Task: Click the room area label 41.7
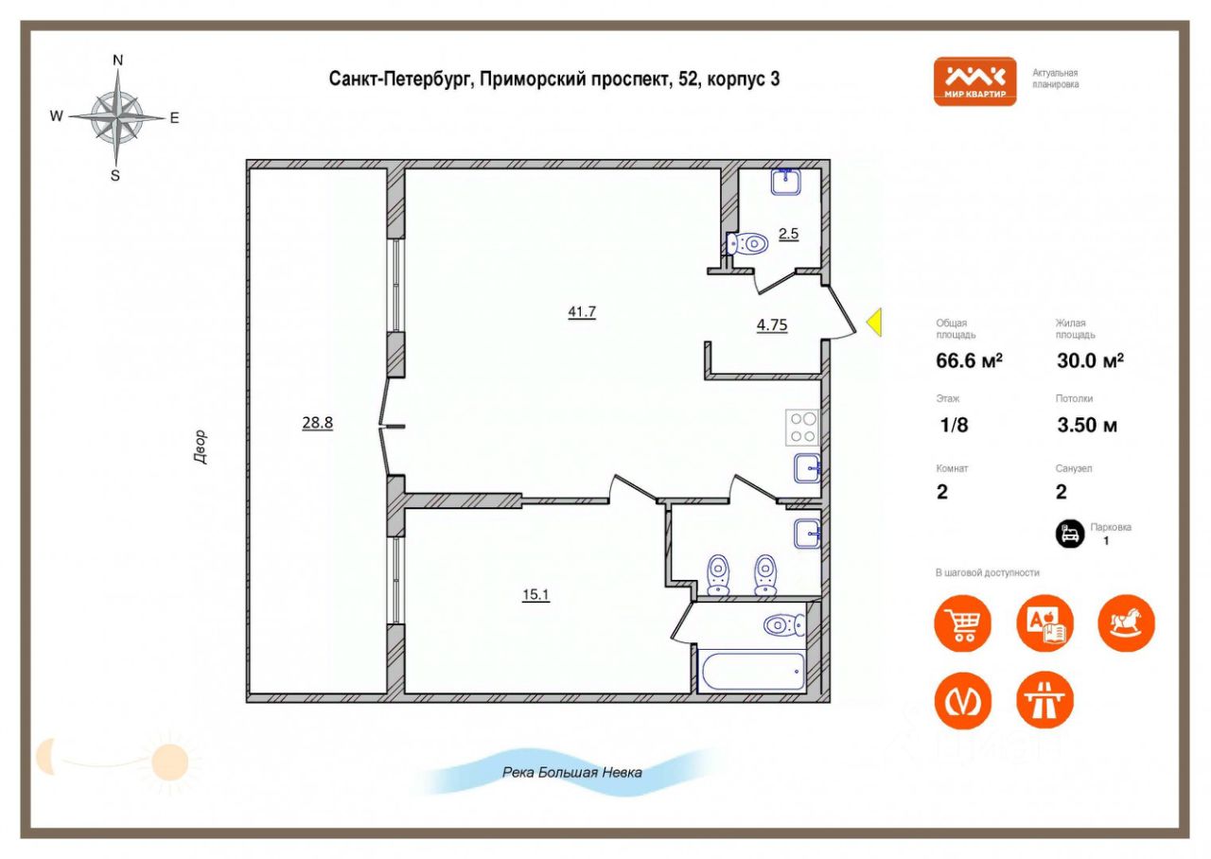[x=582, y=312]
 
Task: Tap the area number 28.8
[x=317, y=422]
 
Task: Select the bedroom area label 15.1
[x=535, y=595]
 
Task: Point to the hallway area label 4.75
[x=771, y=324]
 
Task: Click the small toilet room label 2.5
[x=788, y=234]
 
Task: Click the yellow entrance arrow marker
[x=874, y=323]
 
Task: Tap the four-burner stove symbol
[x=802, y=428]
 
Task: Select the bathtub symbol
[x=753, y=672]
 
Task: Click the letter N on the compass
[x=117, y=60]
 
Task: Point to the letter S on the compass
[x=115, y=176]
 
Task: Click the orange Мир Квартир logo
[x=974, y=81]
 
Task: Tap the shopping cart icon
[x=963, y=623]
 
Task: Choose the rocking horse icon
[x=1126, y=623]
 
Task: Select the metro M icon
[x=963, y=701]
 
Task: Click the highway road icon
[x=1044, y=701]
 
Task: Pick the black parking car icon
[x=1070, y=534]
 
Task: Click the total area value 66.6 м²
[x=970, y=360]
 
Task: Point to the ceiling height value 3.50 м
[x=1087, y=425]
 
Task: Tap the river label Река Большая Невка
[x=572, y=773]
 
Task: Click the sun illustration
[x=169, y=763]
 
